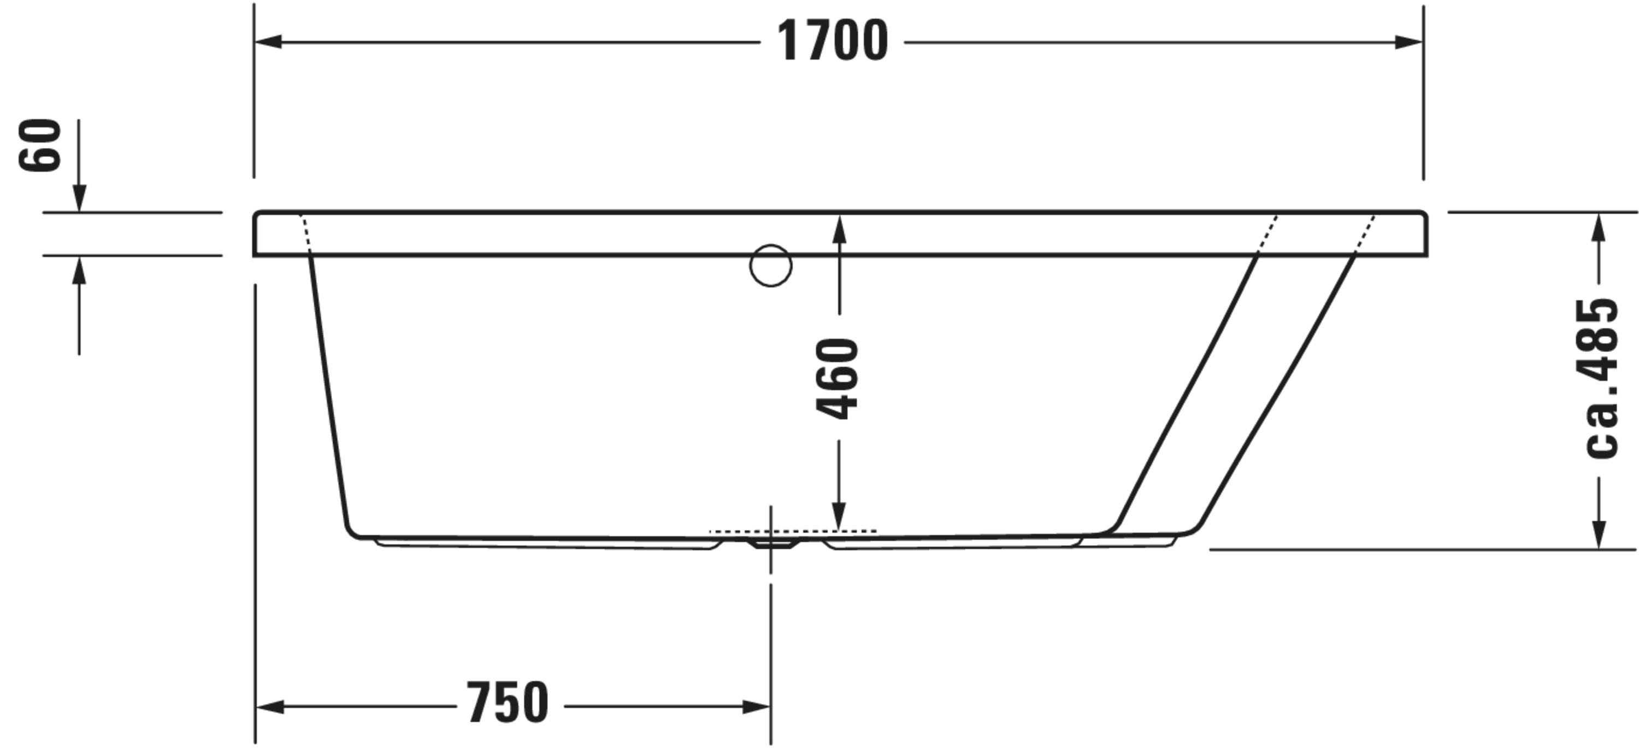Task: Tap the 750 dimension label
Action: point(507,703)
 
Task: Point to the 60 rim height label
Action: point(39,145)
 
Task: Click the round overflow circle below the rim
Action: point(770,266)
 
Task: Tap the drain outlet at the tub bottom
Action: point(771,543)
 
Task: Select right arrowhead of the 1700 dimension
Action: point(1408,42)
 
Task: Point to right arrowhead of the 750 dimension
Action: point(757,707)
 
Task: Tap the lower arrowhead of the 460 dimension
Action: point(839,515)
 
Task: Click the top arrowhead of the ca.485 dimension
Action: point(1598,227)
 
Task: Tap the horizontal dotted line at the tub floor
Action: point(793,530)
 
